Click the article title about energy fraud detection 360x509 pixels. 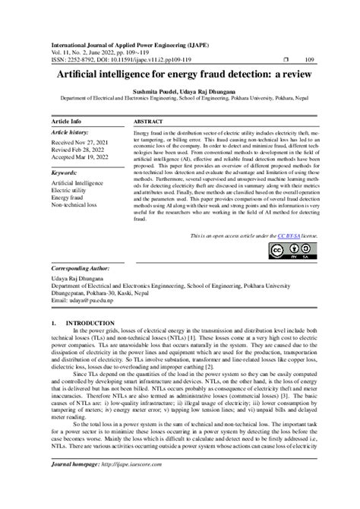[x=180, y=77]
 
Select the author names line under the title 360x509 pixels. [x=180, y=91]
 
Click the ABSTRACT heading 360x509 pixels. [x=149, y=122]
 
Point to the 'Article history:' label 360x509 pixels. [x=74, y=132]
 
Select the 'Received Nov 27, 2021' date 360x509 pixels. [x=84, y=142]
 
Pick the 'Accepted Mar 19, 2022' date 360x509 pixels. [x=85, y=156]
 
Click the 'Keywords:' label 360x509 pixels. [x=67, y=172]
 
